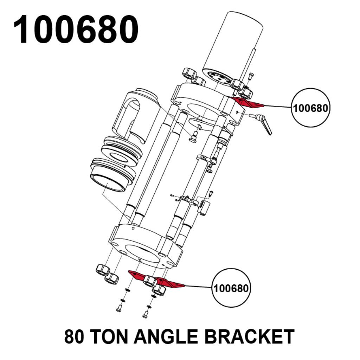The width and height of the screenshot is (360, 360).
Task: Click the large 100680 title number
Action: (76, 30)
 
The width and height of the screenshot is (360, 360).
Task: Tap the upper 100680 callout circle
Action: (311, 108)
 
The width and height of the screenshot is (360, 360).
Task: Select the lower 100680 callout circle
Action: (231, 289)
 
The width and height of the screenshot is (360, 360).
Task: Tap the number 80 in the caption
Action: (75, 336)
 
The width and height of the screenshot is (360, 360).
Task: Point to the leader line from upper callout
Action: (278, 106)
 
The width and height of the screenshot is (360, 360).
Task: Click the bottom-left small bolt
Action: (118, 308)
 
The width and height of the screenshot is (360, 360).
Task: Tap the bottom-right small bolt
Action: (145, 315)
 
